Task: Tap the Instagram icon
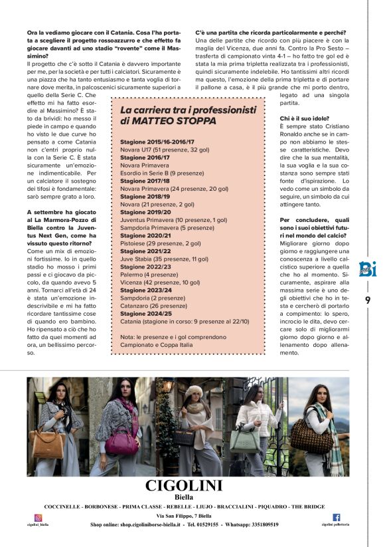click(38, 517)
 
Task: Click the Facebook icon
click(336, 517)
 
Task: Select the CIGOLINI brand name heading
click(183, 485)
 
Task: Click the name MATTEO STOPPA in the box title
click(169, 122)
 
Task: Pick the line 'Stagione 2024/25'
click(145, 313)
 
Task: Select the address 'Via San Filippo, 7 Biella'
click(183, 516)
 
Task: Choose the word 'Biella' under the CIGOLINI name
click(183, 496)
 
